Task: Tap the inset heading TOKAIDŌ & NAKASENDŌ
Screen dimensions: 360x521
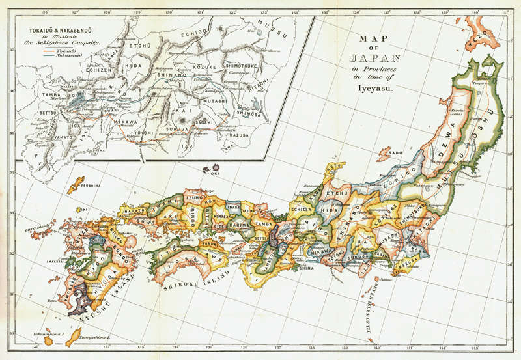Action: (57, 31)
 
